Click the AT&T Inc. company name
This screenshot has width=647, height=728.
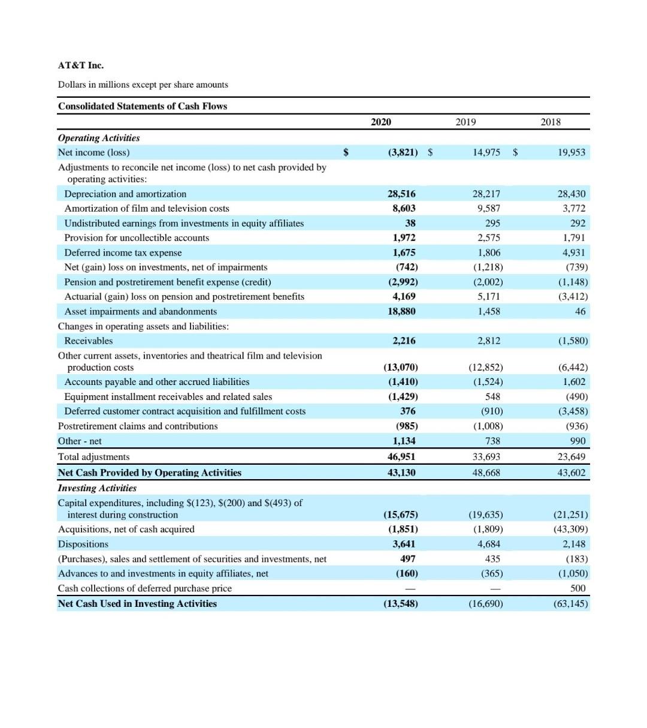(81, 65)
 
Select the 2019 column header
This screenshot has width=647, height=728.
(465, 122)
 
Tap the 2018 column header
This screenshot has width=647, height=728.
(551, 122)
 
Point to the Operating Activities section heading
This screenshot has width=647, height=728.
(99, 138)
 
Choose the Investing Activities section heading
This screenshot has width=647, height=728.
(97, 488)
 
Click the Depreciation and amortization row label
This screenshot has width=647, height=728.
(125, 194)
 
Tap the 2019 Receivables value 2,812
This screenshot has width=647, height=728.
(489, 341)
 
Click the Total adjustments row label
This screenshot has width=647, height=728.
(93, 457)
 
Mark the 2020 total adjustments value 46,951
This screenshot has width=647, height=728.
(401, 457)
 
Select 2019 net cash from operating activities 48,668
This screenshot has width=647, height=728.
(486, 473)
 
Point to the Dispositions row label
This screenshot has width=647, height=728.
(83, 544)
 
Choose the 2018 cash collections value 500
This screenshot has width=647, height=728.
(578, 588)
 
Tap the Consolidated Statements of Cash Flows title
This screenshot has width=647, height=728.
(143, 106)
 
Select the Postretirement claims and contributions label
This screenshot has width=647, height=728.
(138, 426)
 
